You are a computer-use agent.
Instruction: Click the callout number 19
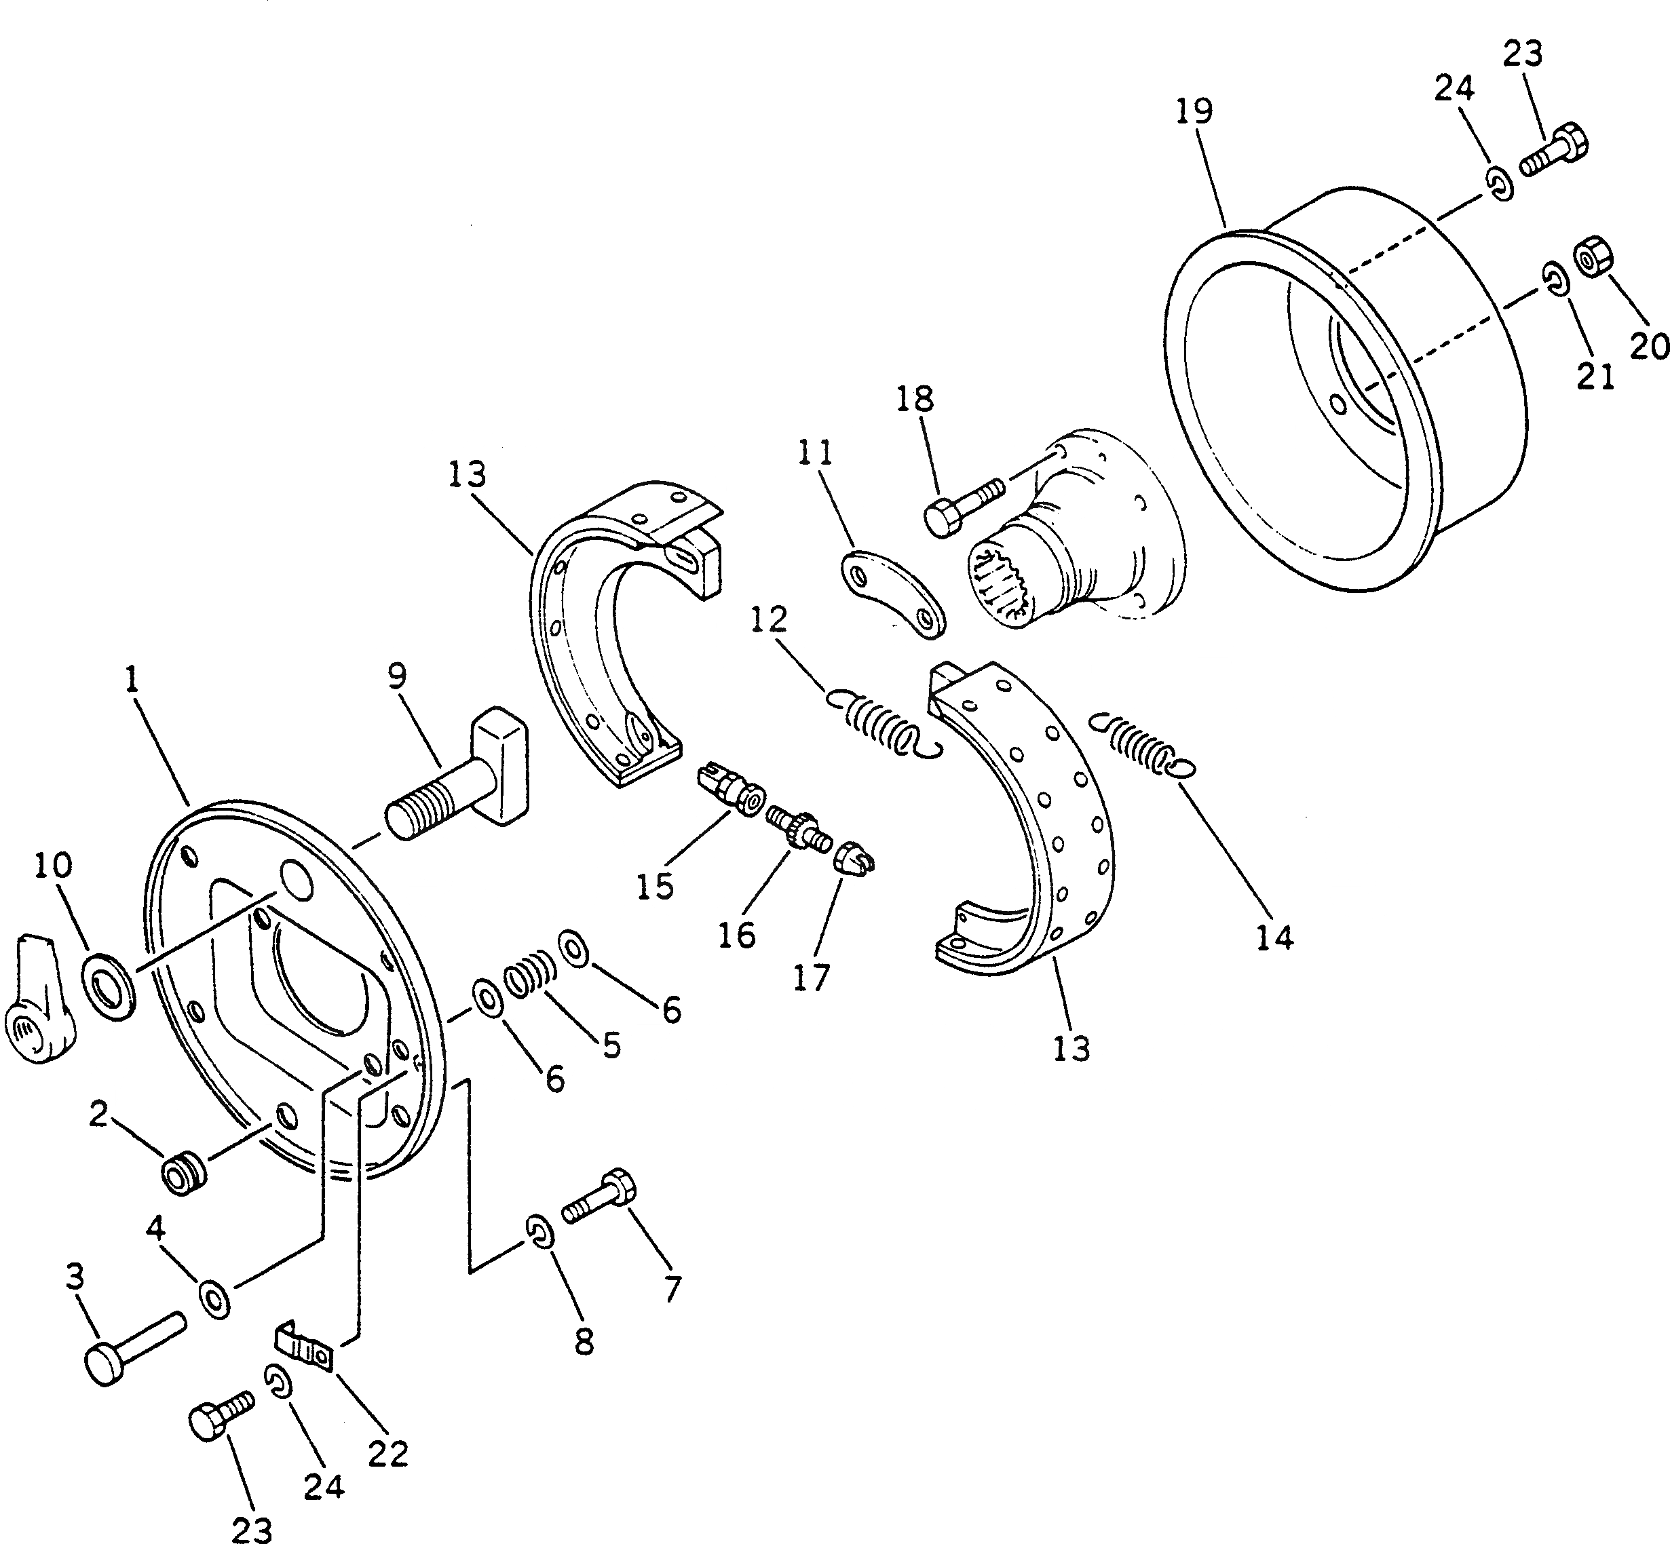coord(1194,111)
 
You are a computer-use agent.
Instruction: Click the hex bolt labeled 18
coord(960,508)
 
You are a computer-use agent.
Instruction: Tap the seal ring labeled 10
coord(109,988)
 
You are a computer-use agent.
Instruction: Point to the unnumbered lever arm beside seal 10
coord(37,1003)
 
